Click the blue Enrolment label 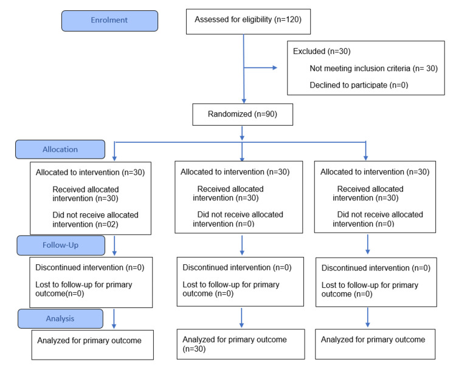click(109, 21)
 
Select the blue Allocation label click(60, 149)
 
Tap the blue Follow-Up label click(61, 245)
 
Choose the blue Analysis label click(60, 319)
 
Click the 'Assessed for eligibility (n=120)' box click(248, 21)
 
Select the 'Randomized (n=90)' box click(243, 114)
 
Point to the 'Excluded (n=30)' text click(322, 52)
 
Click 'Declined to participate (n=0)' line click(359, 85)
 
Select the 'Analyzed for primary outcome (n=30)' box click(241, 344)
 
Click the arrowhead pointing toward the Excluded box click(275, 67)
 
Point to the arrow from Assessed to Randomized click(244, 69)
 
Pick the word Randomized click(230, 114)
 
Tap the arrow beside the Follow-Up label click(114, 246)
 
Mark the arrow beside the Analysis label click(114, 319)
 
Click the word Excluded click(309, 52)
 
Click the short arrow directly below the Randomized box click(242, 133)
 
